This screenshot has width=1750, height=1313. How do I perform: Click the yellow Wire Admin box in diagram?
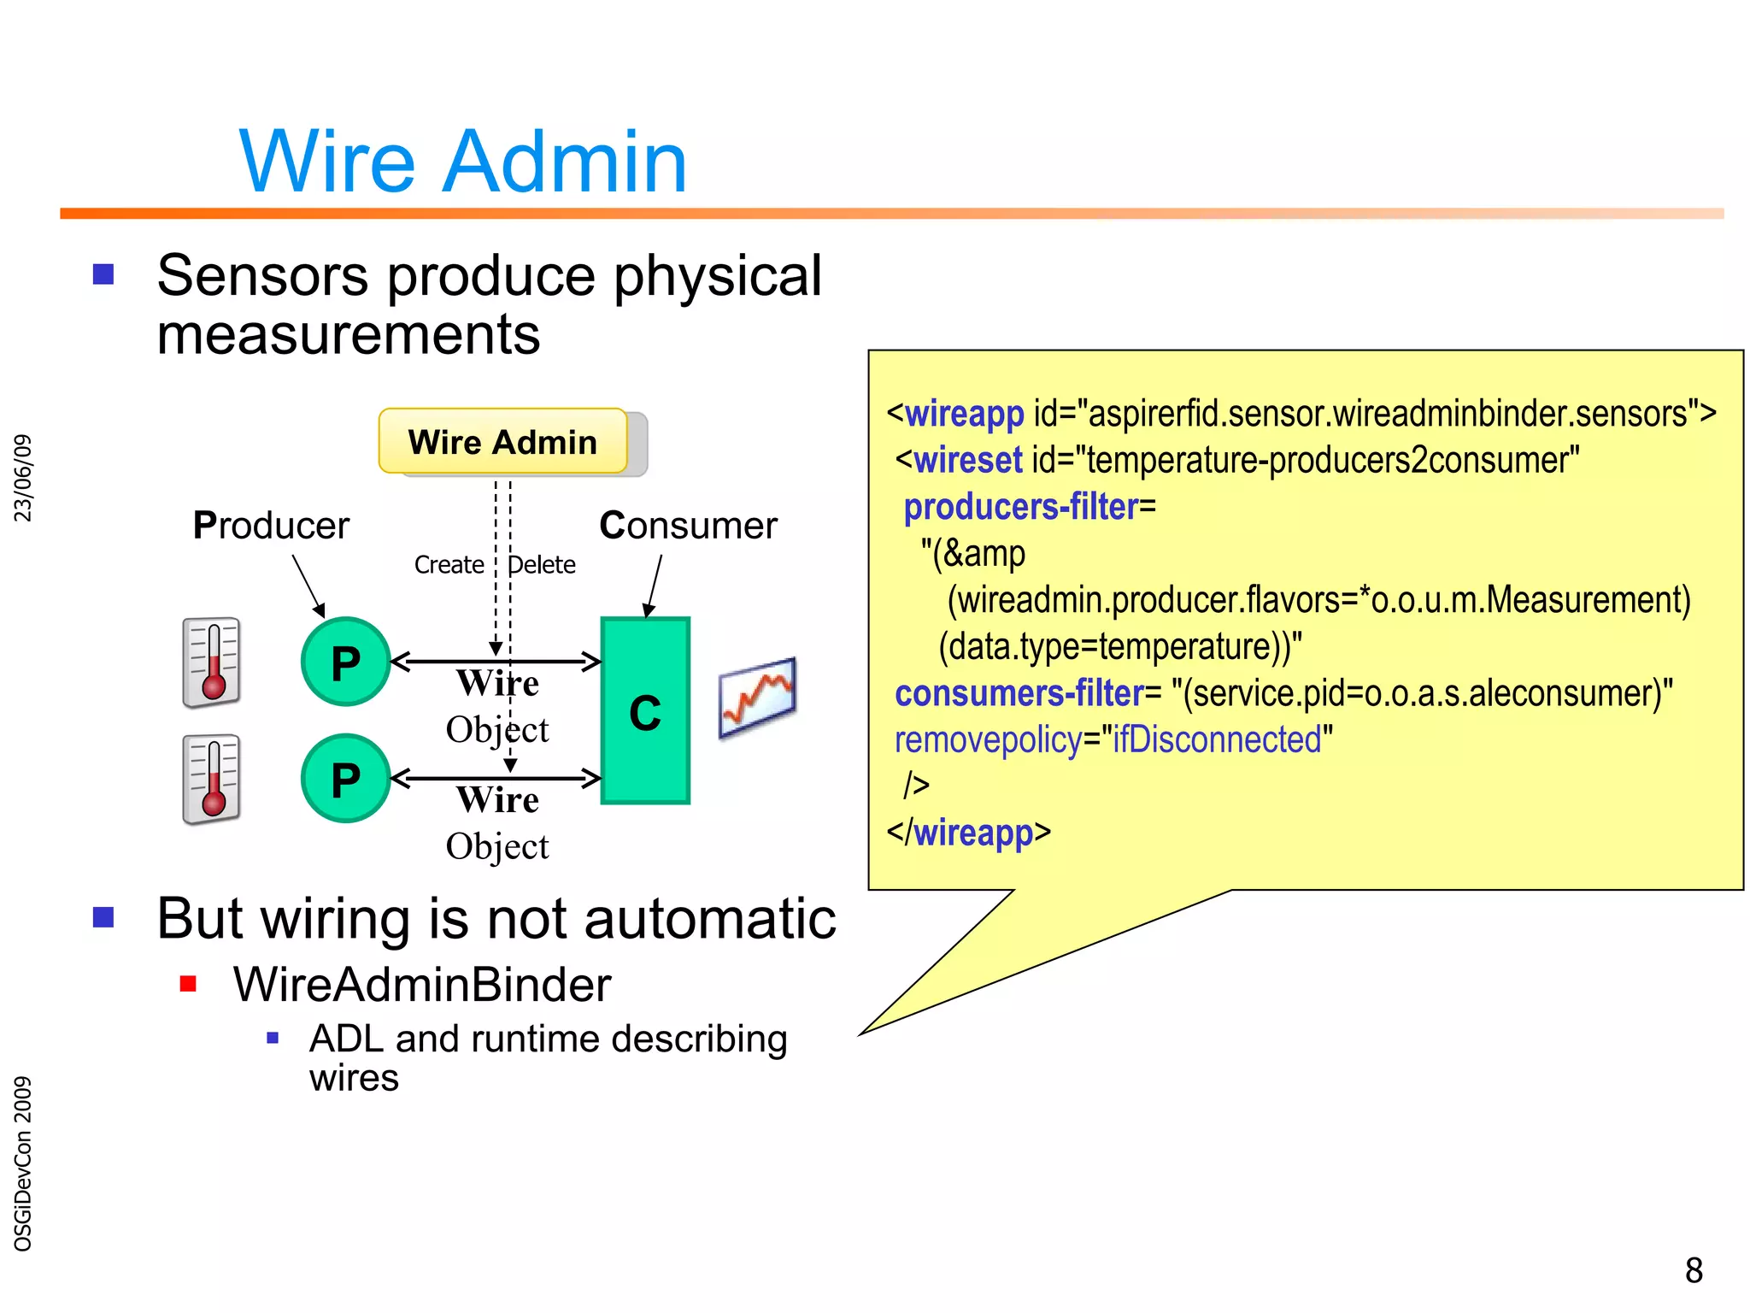click(502, 441)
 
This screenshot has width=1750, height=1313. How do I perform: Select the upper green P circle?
click(345, 662)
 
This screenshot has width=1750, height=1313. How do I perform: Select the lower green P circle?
click(345, 779)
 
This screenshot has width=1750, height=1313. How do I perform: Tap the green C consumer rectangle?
click(645, 710)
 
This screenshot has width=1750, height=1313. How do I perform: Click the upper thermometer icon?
click(211, 662)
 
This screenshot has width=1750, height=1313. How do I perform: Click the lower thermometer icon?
click(211, 779)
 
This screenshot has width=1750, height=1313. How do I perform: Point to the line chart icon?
click(757, 697)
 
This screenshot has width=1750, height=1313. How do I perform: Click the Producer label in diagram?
click(271, 525)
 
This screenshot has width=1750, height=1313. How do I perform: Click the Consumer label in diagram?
click(688, 525)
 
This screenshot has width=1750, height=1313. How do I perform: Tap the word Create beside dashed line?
click(449, 564)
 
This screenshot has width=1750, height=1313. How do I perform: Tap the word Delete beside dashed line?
click(542, 564)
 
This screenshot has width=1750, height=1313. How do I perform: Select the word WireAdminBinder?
click(422, 984)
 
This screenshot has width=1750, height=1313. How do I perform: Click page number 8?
click(1694, 1270)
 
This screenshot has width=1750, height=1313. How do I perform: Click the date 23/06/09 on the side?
click(23, 478)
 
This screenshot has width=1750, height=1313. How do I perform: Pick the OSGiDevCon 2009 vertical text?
click(23, 1163)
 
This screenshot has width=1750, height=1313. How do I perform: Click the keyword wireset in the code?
click(967, 460)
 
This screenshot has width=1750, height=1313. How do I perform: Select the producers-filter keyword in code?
click(1021, 507)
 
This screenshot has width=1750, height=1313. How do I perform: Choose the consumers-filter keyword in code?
click(1019, 693)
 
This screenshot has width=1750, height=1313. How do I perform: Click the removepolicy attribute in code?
click(988, 739)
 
